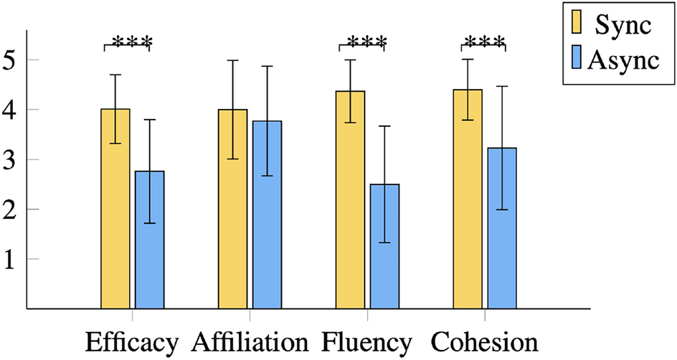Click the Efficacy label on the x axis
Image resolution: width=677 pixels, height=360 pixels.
[x=131, y=343]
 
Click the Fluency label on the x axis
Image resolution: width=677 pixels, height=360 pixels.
[x=367, y=343]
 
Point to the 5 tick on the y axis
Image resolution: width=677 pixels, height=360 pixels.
[x=10, y=60]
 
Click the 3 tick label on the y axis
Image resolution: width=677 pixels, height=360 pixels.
[x=10, y=160]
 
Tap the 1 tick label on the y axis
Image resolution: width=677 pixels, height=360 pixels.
[x=10, y=259]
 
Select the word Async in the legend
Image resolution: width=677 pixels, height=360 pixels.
[x=622, y=61]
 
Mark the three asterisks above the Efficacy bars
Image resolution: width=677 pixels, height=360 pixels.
[x=127, y=40]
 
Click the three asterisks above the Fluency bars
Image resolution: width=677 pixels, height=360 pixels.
[x=362, y=40]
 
